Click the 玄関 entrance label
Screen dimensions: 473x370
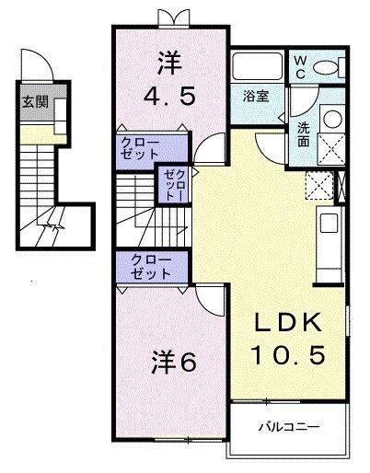[x=31, y=101]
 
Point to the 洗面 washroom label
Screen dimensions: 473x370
[x=303, y=134]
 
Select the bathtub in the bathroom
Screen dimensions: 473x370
[x=257, y=67]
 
